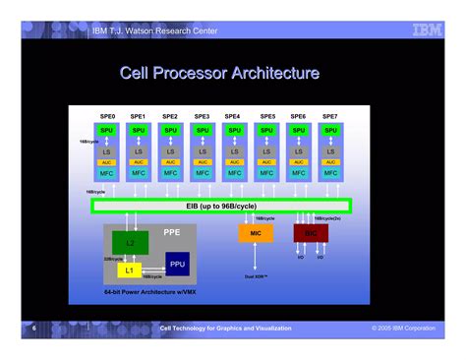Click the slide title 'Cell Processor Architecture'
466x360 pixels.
pos(218,74)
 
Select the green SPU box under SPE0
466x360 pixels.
pos(106,130)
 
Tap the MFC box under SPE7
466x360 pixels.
pos(330,172)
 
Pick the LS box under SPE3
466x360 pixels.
pos(203,151)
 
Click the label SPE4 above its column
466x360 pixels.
pos(234,116)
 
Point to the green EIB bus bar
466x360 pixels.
pos(220,206)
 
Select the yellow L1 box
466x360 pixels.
pos(128,269)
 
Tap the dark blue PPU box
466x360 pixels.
pos(176,263)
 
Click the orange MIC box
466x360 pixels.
pos(255,233)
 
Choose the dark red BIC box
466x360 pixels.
pos(311,233)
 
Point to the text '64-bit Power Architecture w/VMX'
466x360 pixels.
pos(145,292)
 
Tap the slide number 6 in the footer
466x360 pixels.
pos(32,328)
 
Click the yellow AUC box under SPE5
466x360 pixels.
pos(266,162)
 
